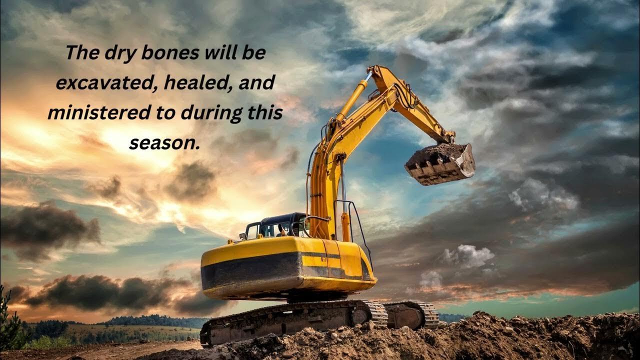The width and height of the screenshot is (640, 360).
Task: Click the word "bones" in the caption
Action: pyautogui.click(x=170, y=53)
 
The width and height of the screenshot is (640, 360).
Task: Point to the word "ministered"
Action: pyautogui.click(x=99, y=112)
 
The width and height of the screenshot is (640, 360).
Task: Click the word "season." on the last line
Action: pyautogui.click(x=164, y=143)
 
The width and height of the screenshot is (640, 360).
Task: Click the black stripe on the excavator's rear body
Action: pyautogui.click(x=251, y=270)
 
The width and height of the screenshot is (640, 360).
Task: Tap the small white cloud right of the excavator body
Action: pyautogui.click(x=468, y=255)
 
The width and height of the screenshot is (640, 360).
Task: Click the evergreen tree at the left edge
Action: pyautogui.click(x=8, y=320)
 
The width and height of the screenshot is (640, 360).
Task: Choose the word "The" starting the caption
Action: pyautogui.click(x=82, y=53)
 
